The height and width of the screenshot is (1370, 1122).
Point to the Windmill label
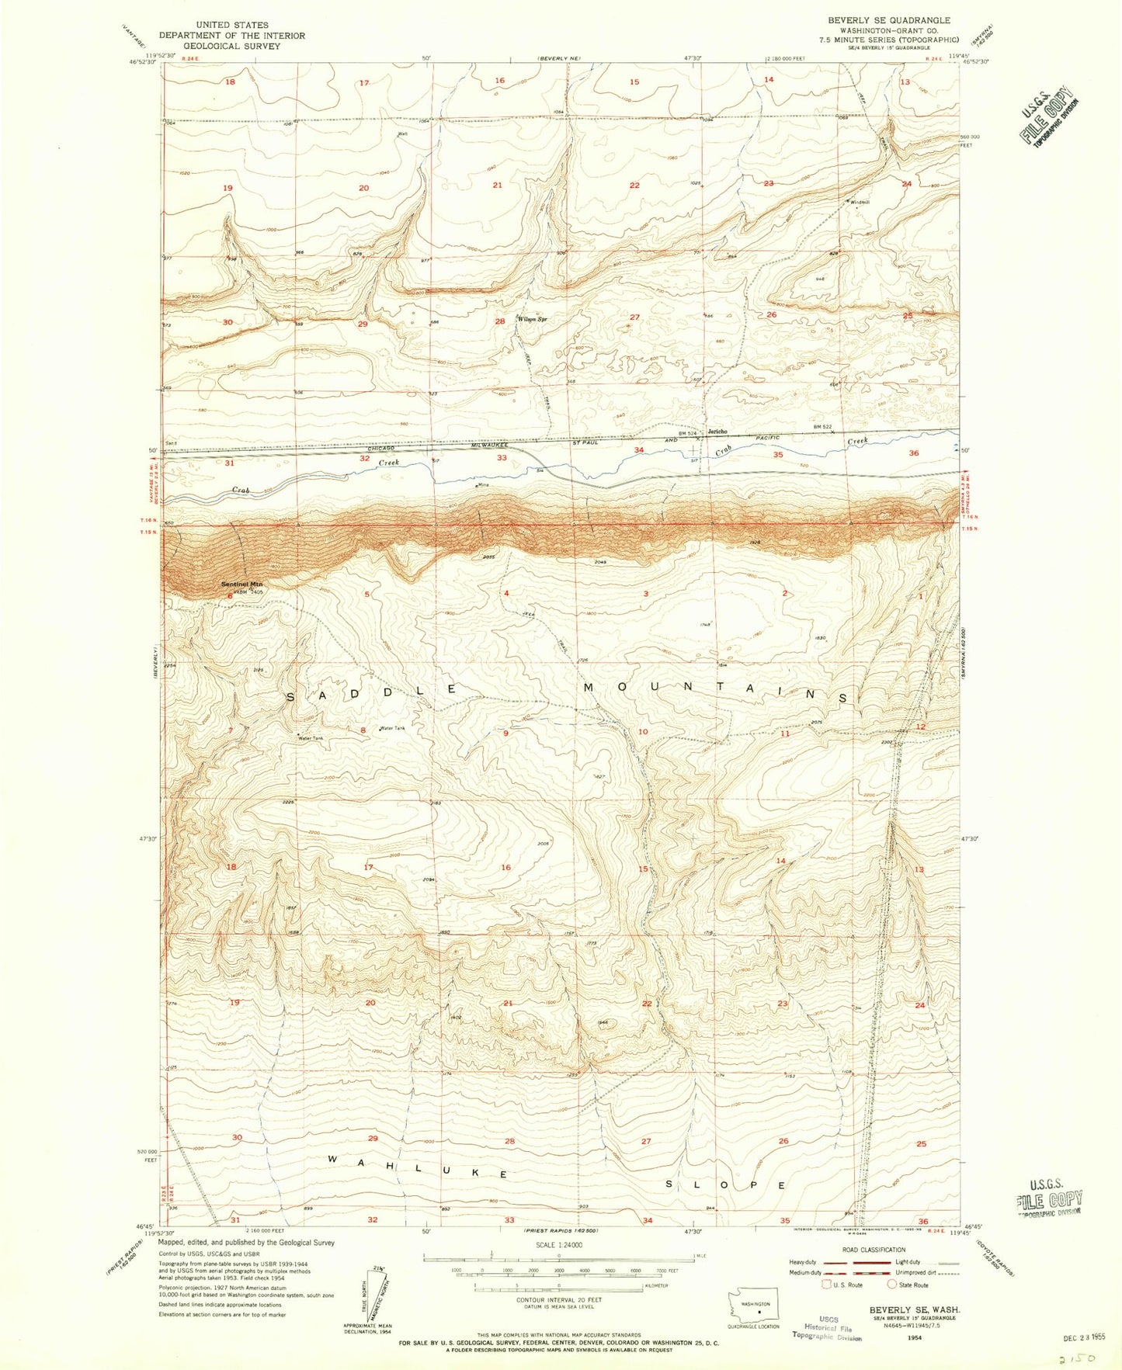(x=860, y=203)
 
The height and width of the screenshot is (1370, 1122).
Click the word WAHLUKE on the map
(x=417, y=1167)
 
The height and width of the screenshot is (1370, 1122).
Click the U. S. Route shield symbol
(x=828, y=1285)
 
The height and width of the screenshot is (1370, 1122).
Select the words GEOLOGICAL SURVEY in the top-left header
(x=231, y=46)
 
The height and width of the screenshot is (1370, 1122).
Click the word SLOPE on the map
(x=726, y=1185)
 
